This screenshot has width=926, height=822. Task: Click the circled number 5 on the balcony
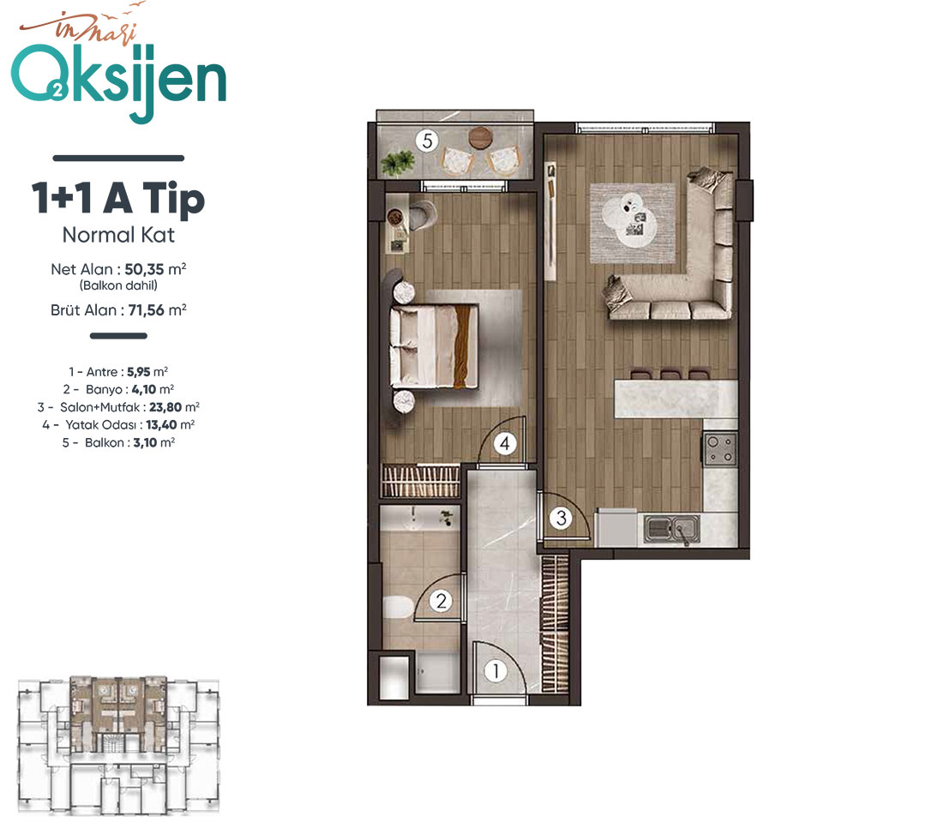click(427, 141)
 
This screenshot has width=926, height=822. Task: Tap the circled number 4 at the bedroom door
click(505, 443)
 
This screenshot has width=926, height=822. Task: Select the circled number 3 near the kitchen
click(561, 518)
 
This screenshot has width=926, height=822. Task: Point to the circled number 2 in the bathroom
click(441, 601)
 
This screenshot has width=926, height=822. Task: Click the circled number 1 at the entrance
click(496, 671)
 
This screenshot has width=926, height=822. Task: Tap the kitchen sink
click(672, 528)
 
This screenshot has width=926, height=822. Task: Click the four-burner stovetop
click(720, 449)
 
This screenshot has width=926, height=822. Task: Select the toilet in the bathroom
click(400, 607)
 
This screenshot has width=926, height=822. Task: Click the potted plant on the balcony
click(398, 161)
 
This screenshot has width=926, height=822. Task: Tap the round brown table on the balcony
click(480, 138)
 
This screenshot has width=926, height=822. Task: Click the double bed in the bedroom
click(434, 346)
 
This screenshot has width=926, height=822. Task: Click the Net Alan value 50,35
click(144, 269)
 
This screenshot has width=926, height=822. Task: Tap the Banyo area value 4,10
click(144, 390)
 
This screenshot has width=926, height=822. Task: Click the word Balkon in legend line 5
click(105, 443)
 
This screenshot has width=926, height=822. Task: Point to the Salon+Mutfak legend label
click(99, 407)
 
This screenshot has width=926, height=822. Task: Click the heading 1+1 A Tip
click(118, 197)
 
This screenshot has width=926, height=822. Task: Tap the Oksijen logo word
click(118, 81)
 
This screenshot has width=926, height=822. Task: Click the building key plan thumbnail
click(118, 745)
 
